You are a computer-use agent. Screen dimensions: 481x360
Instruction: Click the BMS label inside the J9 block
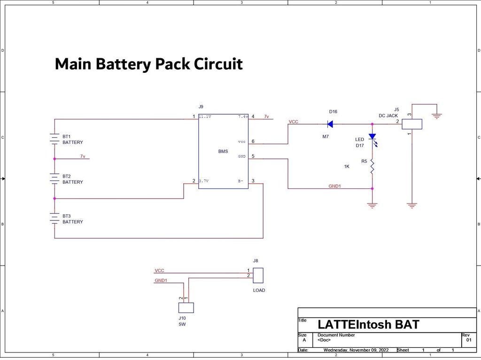coord(223,151)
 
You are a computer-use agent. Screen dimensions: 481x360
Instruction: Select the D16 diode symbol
coord(330,124)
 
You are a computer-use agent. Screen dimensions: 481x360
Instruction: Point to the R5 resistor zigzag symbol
coord(372,167)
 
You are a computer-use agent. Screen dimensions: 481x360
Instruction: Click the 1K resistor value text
coord(347,166)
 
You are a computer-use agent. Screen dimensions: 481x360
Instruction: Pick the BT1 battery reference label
coord(67,136)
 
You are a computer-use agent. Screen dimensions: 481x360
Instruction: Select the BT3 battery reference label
coord(67,216)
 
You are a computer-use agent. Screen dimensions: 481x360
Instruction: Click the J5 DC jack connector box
coord(412,124)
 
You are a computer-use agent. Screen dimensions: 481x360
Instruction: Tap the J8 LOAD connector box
coord(258,275)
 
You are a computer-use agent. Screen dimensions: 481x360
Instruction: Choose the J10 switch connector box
coord(186,307)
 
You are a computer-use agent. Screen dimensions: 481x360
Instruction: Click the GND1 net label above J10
coord(161,280)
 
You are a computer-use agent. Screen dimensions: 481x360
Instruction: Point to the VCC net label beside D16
coord(293,122)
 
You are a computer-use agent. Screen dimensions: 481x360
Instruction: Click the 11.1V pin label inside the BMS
coord(205,117)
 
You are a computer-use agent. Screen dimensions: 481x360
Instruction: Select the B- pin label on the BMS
coord(241,181)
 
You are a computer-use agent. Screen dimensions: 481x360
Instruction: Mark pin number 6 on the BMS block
coord(253,141)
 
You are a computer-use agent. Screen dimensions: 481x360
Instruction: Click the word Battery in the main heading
coord(124,64)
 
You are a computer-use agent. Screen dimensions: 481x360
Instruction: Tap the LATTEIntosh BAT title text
coord(368,324)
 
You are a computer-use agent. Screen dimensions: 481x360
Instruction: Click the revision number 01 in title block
coord(469,340)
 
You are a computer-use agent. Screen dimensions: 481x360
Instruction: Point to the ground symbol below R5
coord(372,205)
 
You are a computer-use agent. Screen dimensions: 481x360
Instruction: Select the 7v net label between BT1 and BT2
coord(83,156)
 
